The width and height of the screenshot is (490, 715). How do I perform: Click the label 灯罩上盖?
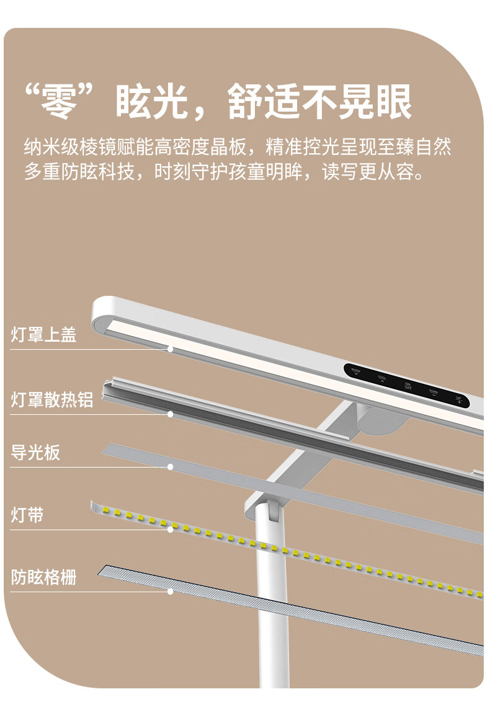pos(43,335)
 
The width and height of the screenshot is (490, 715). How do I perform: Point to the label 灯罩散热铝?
pos(52,399)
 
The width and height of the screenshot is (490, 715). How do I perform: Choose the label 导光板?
pos(35,452)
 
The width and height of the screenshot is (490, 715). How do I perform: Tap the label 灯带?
pos(27,515)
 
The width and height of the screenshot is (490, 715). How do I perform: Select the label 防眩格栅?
pos(43,577)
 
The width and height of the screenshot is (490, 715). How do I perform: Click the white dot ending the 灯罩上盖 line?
pos(171,349)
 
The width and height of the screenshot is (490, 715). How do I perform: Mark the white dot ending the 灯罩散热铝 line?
pos(171,414)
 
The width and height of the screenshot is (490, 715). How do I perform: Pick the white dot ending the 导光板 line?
pos(171,466)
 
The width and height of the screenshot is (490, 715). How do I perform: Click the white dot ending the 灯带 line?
pos(171,530)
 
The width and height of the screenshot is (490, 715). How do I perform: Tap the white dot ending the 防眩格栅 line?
pos(171,592)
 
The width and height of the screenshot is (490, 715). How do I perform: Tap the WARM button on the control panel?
pos(356,372)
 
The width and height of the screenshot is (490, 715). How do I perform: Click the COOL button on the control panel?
pos(382,380)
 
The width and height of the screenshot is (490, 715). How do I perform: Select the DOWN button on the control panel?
pos(434,393)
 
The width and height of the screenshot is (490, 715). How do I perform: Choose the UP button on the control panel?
pos(459,400)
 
